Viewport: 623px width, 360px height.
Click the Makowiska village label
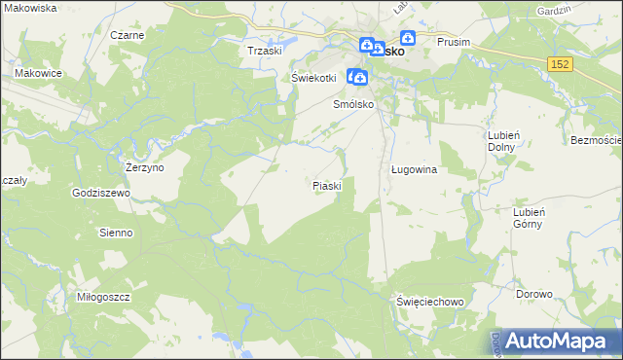tap(30, 8)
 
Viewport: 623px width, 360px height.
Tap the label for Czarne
tap(128, 35)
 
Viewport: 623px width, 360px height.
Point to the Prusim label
tap(454, 43)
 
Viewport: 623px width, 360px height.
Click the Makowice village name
tap(39, 73)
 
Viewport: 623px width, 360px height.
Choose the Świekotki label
tap(313, 78)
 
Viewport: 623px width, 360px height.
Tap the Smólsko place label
tap(354, 104)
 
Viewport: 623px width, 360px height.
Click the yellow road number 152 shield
tap(559, 63)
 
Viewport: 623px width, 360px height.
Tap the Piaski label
tap(325, 185)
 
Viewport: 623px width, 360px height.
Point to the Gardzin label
tap(578, 9)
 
